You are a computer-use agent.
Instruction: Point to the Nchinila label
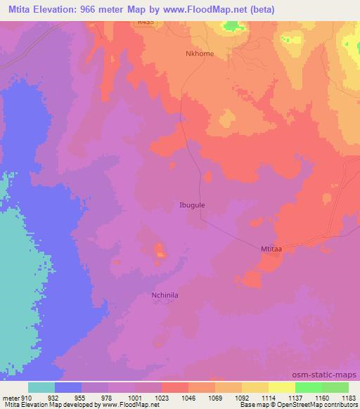click(165, 296)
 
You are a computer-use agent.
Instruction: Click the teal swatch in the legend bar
click(41, 387)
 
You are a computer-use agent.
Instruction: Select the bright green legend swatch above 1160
click(308, 387)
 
